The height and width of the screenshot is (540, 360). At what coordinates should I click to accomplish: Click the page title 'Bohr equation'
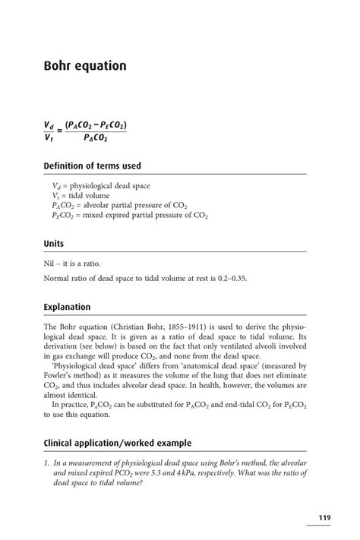point(85,66)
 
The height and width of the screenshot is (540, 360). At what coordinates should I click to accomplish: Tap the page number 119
point(324,518)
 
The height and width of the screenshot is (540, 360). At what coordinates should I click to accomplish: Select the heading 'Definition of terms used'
point(92,166)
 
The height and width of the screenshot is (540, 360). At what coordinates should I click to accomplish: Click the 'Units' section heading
point(54,244)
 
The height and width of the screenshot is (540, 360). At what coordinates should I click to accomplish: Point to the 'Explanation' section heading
point(67,307)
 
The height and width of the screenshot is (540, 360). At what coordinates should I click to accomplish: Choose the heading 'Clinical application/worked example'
point(117,443)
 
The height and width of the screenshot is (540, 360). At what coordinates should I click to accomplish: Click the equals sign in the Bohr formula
point(59,131)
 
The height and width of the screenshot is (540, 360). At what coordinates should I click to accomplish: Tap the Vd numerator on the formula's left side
point(49,125)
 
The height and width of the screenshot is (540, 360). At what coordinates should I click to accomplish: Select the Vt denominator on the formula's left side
point(49,137)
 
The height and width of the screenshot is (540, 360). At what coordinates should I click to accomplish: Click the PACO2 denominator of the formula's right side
point(95,137)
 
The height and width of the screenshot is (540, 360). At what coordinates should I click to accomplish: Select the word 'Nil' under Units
point(50,262)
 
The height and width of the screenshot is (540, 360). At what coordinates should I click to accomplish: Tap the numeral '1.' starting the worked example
point(47,461)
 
